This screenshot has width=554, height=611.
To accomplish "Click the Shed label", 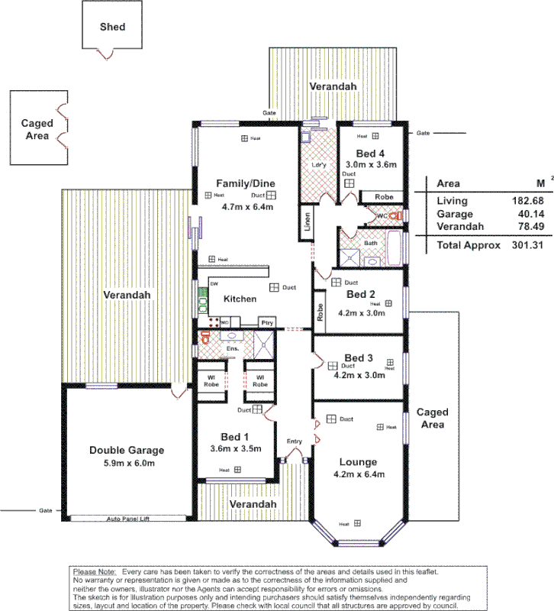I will click(112, 27).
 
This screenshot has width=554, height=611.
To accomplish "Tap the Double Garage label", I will click(127, 450).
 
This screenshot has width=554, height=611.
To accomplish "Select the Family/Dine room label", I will click(245, 183).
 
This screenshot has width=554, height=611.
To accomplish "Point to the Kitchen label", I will click(240, 299).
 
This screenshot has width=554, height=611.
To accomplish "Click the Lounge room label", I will click(357, 461).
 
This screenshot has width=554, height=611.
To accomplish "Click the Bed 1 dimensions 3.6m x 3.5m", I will click(236, 448).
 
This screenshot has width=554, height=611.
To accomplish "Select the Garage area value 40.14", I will click(527, 215).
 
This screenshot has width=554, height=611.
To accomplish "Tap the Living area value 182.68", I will click(524, 200).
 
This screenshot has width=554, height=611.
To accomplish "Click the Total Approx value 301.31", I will click(524, 245).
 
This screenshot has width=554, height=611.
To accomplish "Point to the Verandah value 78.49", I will click(527, 227).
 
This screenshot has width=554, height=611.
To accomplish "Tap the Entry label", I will click(295, 441).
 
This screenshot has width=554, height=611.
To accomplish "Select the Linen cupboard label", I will click(307, 221).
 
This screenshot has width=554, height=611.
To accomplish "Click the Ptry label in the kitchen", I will click(267, 323).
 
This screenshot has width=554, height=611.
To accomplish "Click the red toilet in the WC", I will click(394, 216).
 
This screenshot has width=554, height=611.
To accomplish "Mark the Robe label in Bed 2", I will click(319, 312).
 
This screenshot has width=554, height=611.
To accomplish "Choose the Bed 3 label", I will click(359, 358).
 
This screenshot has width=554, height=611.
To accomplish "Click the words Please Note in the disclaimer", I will click(95, 572).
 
